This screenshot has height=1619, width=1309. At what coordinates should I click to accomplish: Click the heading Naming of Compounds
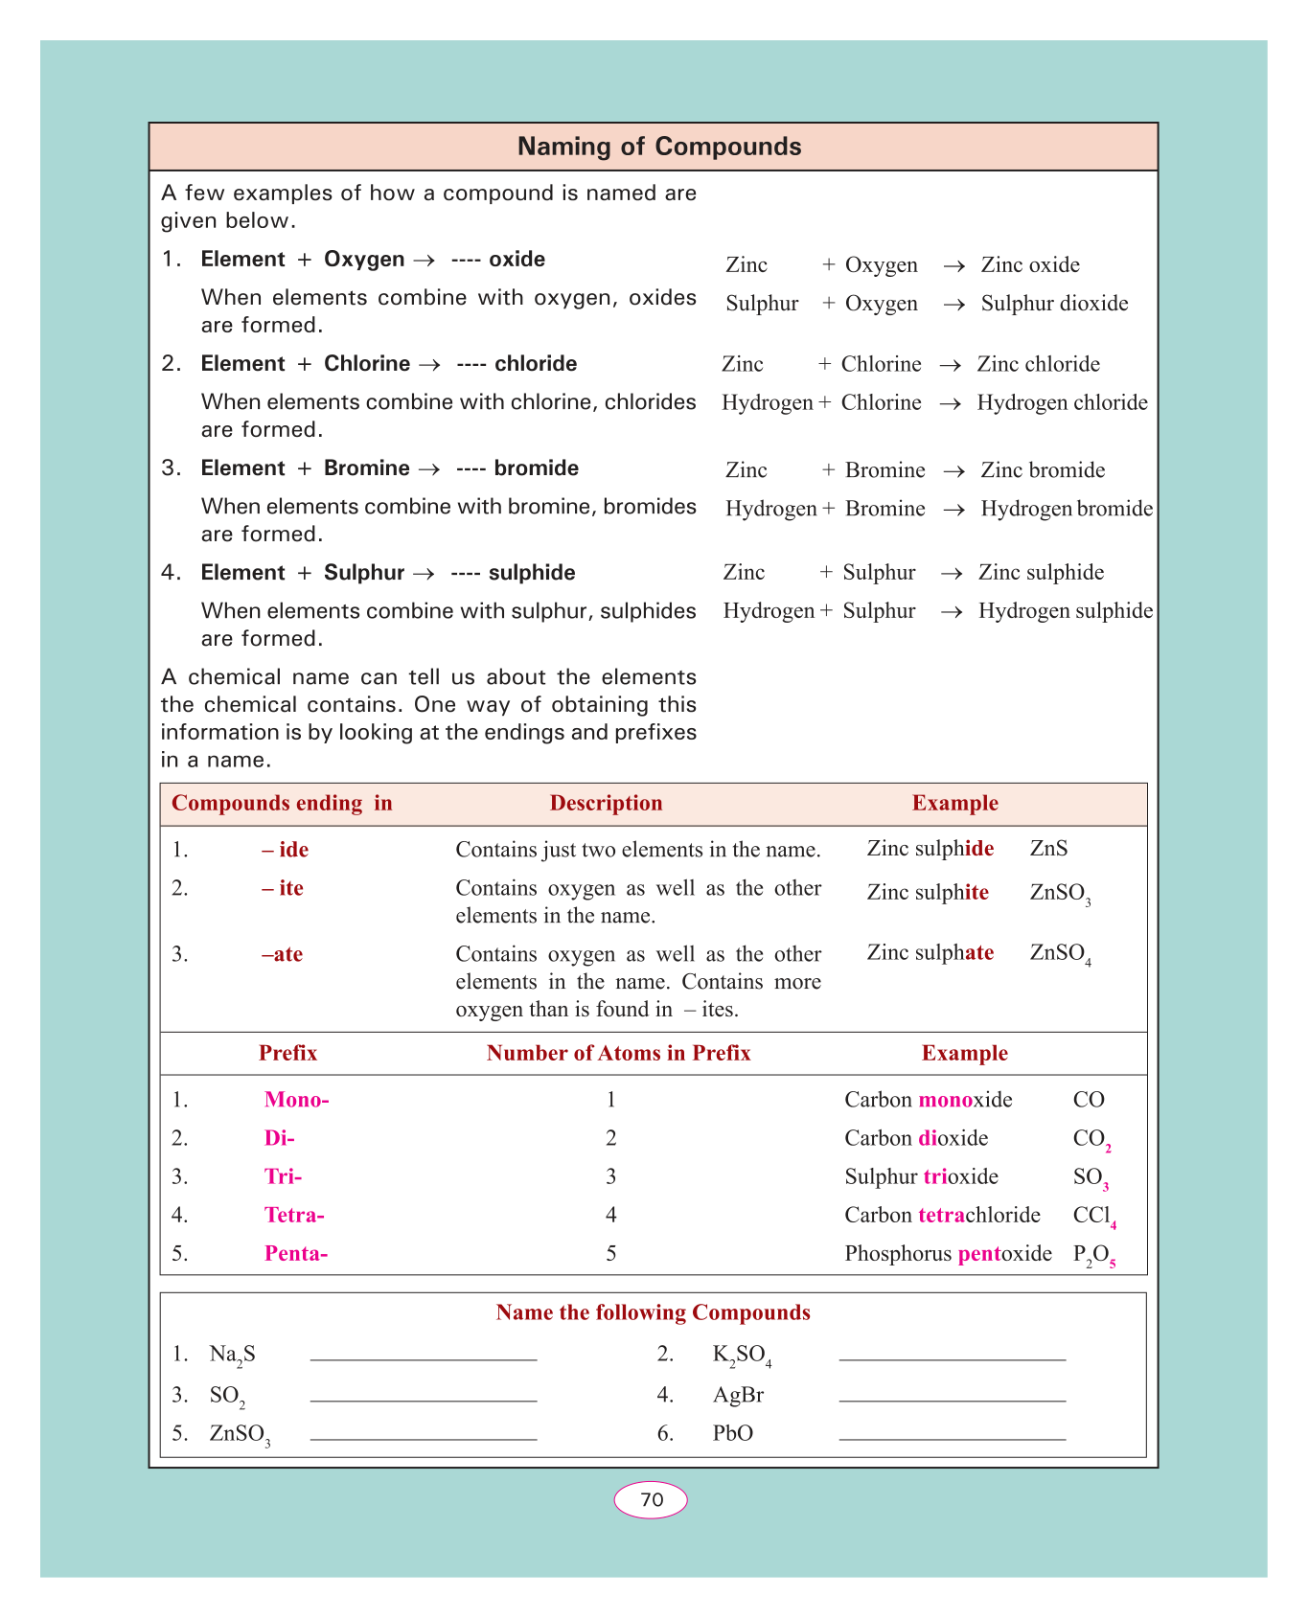coord(659,147)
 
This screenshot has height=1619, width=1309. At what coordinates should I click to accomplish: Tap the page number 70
coord(652,1499)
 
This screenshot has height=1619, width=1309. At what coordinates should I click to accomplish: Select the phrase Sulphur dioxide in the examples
coord(1054,304)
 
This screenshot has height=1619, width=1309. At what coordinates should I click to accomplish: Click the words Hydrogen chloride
coord(1062,403)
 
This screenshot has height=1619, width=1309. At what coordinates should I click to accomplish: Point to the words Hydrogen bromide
coord(1066,509)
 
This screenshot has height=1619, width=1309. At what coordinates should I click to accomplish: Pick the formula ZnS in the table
coord(1048,849)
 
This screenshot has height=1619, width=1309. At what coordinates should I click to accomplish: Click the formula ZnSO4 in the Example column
coord(1060,954)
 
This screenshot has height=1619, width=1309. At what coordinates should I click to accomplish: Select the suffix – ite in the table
coord(283,888)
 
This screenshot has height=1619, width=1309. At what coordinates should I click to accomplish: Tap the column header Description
coord(606,803)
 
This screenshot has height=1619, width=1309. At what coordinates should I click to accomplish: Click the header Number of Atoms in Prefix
coord(618,1053)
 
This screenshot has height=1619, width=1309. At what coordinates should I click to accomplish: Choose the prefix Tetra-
coord(294,1215)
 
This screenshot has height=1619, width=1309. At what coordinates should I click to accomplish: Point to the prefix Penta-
coord(296,1253)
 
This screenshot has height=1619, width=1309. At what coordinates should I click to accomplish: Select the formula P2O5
coord(1094,1255)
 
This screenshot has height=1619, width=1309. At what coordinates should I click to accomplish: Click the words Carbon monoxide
coord(928,1100)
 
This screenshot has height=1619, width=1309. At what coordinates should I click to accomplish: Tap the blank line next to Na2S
coord(424,1357)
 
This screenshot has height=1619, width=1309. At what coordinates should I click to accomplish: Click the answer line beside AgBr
coord(952,1399)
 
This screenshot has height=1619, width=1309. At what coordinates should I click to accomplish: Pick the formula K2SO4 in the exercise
coord(742,1356)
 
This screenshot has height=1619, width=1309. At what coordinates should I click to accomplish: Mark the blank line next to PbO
coord(952,1437)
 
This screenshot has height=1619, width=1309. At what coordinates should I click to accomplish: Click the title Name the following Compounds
coord(653,1312)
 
